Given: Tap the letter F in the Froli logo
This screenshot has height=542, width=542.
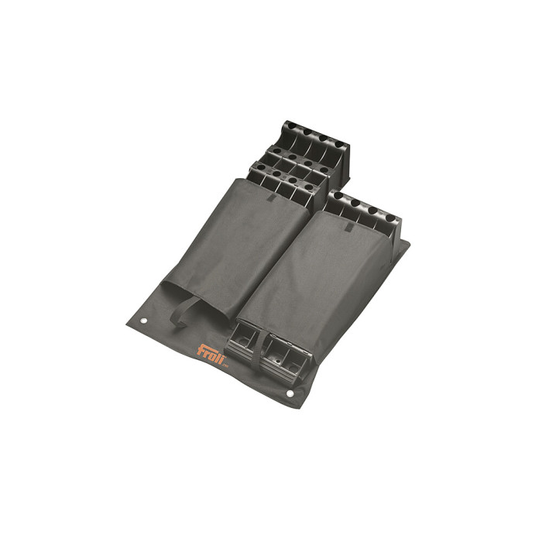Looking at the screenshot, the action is coord(201,350).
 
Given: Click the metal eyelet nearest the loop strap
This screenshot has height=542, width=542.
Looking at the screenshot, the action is coord(144,321).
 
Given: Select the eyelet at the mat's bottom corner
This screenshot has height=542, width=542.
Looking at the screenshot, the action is coord(290,393).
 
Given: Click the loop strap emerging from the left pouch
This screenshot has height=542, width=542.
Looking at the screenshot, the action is coord(185,311).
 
